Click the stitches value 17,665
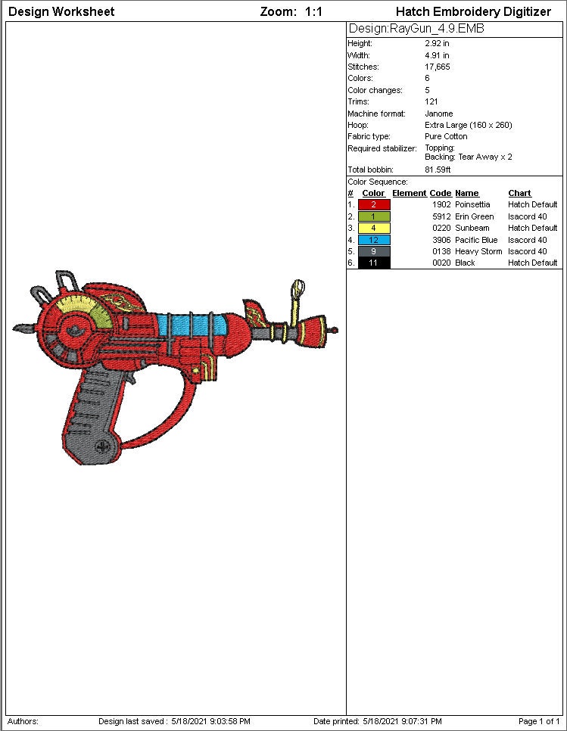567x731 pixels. pos(437,67)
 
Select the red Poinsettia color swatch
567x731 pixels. pos(374,205)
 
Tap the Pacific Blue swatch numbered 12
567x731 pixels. pos(374,240)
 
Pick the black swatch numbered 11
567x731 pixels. pos(374,263)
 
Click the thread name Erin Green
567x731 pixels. pos(474,216)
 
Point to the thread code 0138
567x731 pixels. pos(441,251)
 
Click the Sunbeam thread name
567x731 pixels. pos(472,228)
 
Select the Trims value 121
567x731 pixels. pos(431,101)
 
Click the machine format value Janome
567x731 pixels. pos(438,114)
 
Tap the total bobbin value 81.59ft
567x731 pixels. pos(438,170)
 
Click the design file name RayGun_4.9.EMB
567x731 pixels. pos(416,29)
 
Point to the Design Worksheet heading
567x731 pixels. pos(61,11)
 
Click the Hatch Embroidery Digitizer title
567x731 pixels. pos(473,11)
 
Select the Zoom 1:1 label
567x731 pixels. pos(291,11)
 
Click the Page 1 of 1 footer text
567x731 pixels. pos(538,721)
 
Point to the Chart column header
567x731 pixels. pos(519,193)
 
